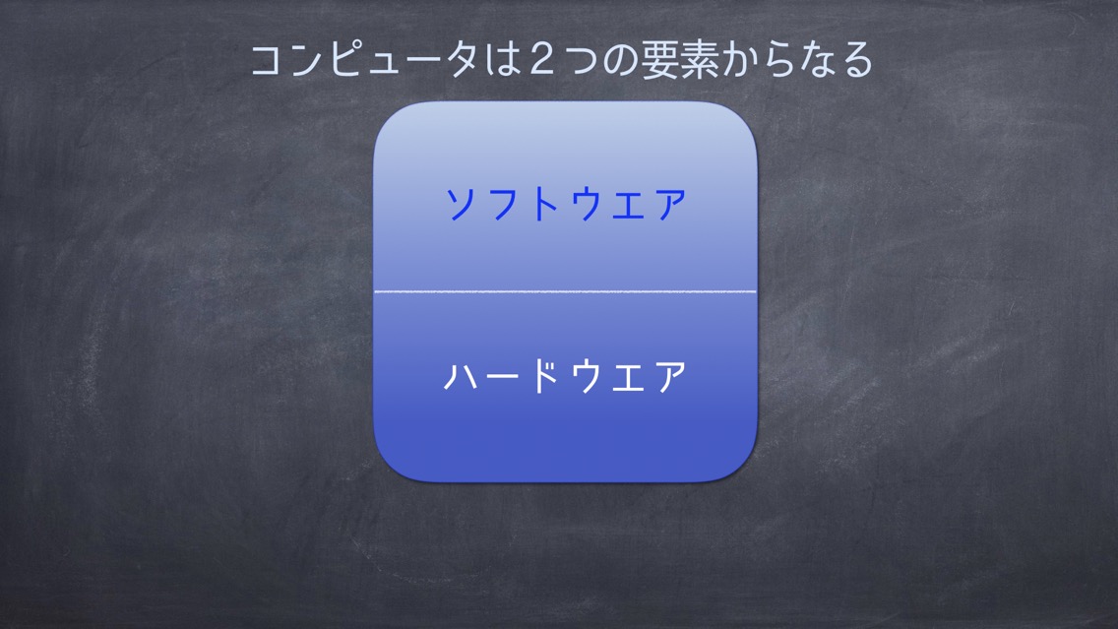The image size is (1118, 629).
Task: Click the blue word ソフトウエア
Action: [566, 204]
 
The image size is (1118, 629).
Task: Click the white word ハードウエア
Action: [566, 376]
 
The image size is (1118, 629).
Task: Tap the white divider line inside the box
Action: [566, 291]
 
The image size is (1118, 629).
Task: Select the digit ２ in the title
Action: [542, 59]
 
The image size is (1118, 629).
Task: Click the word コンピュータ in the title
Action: [364, 59]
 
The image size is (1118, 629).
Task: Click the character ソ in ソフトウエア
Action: [461, 205]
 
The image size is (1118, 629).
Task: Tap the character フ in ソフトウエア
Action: [503, 205]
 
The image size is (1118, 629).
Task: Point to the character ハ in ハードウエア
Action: [460, 377]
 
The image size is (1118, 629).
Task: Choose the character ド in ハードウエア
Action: [545, 376]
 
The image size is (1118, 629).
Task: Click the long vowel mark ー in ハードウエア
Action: [503, 377]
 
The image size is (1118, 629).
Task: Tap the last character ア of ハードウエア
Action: [671, 377]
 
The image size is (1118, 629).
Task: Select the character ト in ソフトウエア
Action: [545, 205]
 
